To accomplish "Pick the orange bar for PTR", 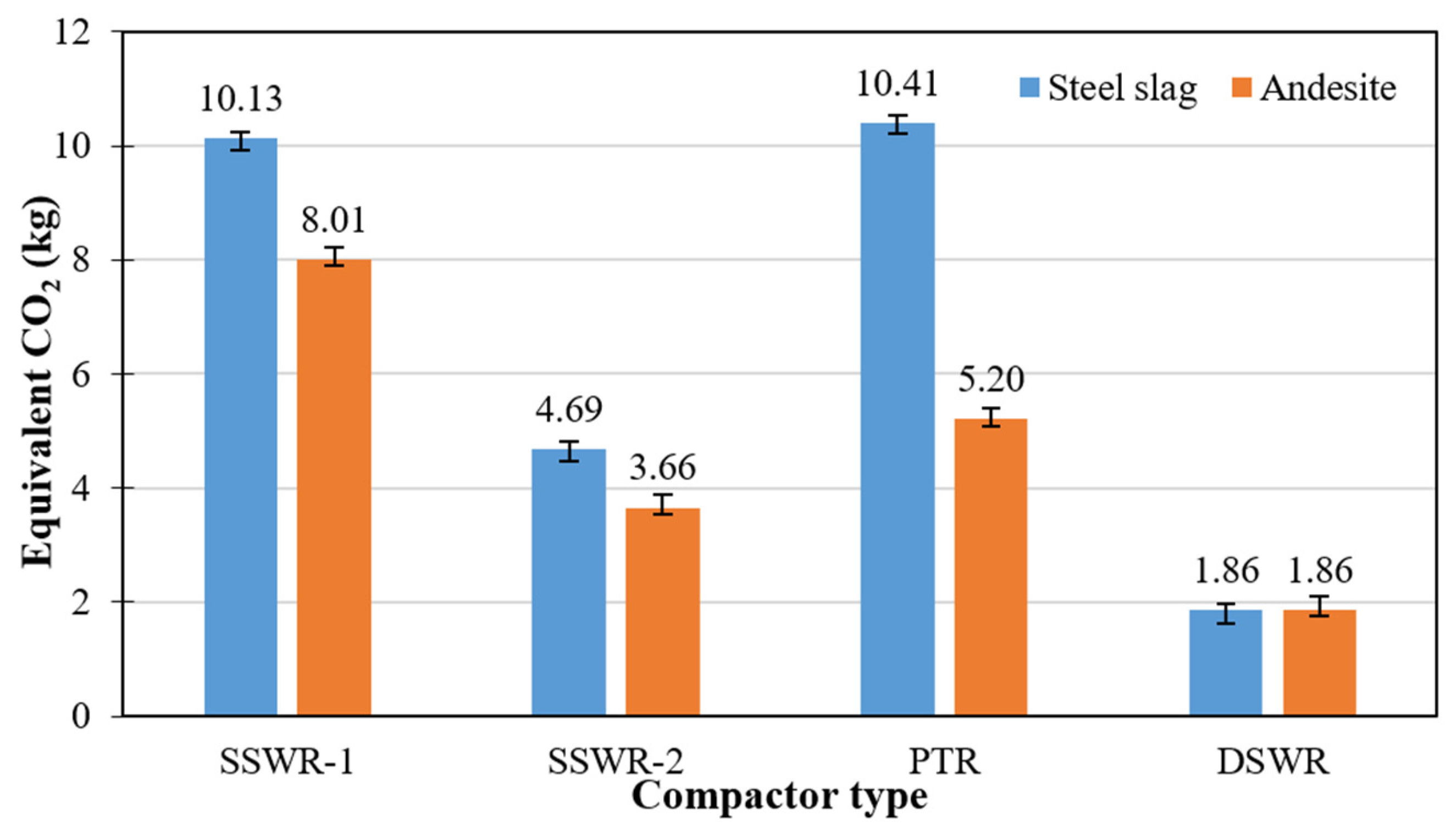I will click(x=990, y=567).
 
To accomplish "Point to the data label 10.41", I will click(x=897, y=84).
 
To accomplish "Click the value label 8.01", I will click(x=334, y=220).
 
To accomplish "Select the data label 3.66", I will click(x=662, y=467).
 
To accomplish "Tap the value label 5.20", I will click(x=990, y=380).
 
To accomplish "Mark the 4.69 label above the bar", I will click(x=568, y=409).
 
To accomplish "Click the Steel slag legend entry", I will click(x=1110, y=88).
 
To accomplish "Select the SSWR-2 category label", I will click(x=615, y=762).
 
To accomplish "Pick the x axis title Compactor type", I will click(x=779, y=797).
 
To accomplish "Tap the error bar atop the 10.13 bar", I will click(x=240, y=141).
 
